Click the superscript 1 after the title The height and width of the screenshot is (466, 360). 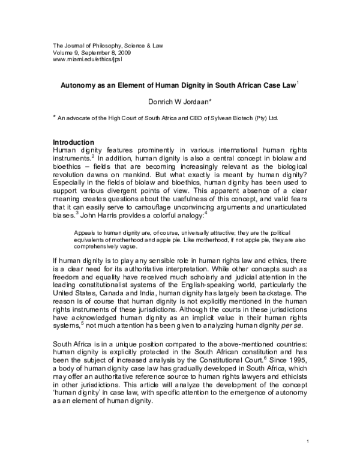297,84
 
